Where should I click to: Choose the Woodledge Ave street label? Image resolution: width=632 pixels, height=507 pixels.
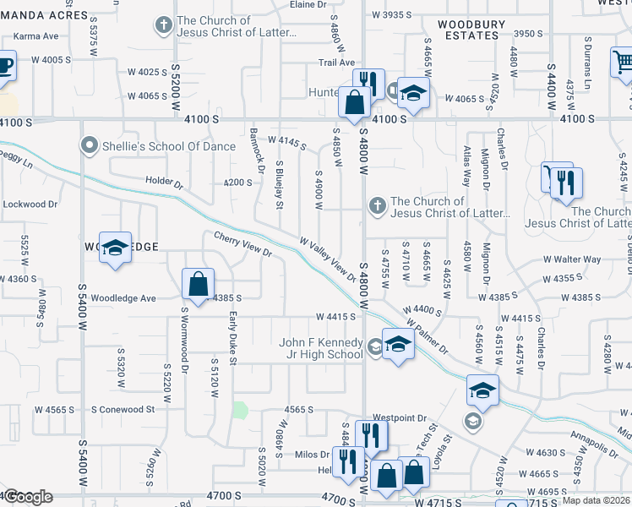pos(123,298)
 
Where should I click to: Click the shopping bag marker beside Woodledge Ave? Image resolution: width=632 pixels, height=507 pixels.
pos(198,286)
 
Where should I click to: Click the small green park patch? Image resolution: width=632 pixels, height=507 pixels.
pos(240,411)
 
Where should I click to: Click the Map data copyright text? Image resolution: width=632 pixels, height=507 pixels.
pos(597,500)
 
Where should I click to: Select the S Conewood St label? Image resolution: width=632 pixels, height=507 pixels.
pos(124,409)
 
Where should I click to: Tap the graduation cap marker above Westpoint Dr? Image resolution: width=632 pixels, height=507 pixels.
pos(482,390)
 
